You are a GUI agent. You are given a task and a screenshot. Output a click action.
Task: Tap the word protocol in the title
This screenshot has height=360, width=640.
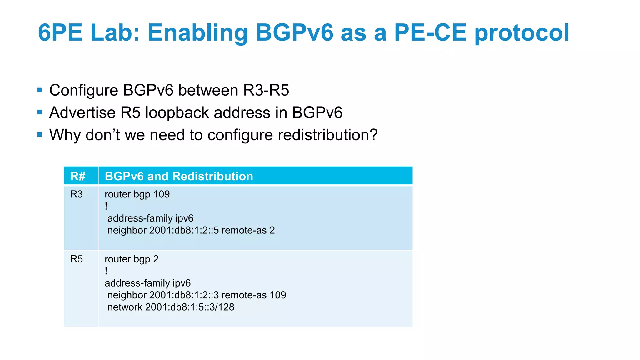tap(522, 32)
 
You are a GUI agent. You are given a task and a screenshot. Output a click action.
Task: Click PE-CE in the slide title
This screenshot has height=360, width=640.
tap(430, 32)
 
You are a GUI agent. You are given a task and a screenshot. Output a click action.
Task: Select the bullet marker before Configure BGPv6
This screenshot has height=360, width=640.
tap(39, 90)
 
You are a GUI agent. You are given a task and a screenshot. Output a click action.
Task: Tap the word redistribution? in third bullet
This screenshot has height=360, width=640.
tap(327, 135)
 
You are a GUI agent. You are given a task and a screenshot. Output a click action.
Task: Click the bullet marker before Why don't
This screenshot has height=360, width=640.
tap(39, 135)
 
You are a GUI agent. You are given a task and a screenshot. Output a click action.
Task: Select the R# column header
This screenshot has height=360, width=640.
tap(78, 176)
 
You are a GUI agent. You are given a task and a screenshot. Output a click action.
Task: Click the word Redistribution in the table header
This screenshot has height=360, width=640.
tap(212, 176)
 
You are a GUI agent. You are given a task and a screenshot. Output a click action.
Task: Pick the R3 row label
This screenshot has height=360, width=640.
tap(77, 194)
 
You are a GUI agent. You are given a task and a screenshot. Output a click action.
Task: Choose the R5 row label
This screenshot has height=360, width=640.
tap(77, 259)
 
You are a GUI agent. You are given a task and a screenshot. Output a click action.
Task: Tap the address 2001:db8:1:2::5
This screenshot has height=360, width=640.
tap(184, 230)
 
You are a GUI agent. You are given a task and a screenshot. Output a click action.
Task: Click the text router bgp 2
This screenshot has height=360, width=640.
tap(132, 259)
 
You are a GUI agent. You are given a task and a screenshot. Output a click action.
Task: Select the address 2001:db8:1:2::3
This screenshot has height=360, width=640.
tap(184, 295)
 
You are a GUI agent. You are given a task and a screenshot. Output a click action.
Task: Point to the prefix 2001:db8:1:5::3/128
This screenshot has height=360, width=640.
tap(190, 307)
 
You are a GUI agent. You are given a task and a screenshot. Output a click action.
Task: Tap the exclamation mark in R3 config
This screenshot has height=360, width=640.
tap(106, 206)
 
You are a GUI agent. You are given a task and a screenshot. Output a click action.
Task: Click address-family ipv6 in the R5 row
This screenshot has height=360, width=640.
tap(147, 283)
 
